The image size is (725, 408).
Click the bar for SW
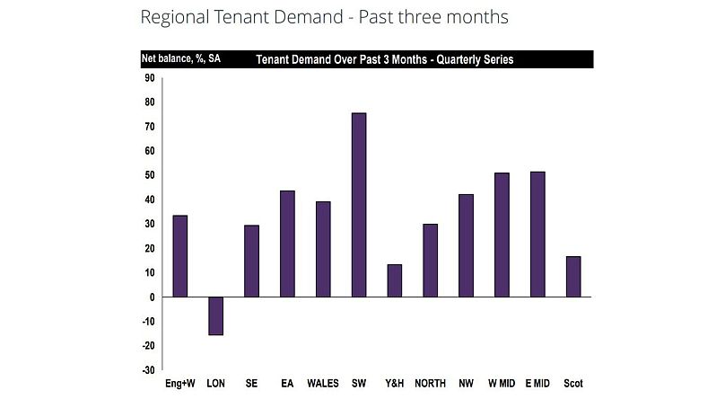(359, 205)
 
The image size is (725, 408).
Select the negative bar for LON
(215, 315)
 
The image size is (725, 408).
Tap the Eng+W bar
(179, 256)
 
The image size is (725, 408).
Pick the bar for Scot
(573, 277)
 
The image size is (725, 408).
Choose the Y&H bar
(394, 280)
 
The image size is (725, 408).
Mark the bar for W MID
(502, 235)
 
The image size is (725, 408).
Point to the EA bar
(287, 244)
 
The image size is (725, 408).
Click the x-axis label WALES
(323, 384)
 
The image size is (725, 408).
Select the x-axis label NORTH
(430, 384)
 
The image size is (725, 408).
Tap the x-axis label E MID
(537, 384)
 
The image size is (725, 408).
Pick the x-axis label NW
(466, 384)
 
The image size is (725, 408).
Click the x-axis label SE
(251, 384)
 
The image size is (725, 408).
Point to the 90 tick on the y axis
(149, 78)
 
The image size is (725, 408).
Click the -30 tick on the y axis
(147, 369)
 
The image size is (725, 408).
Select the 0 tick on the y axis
(152, 297)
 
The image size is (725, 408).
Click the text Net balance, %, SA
(181, 59)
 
